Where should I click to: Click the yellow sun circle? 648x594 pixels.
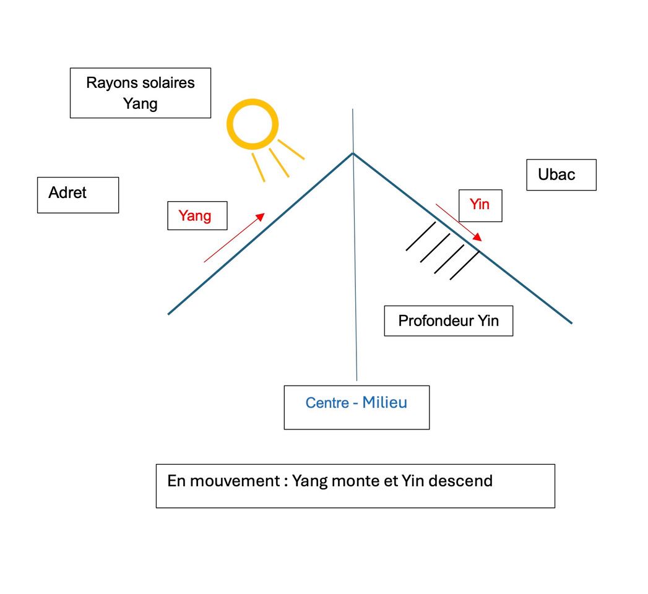(x=252, y=124)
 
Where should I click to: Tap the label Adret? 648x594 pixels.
(x=67, y=193)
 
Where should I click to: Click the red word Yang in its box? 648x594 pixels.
(x=195, y=216)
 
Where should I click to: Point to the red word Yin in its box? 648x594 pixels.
(x=480, y=204)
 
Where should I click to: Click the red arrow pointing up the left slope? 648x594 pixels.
(x=235, y=238)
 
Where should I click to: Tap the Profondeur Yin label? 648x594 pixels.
(x=448, y=321)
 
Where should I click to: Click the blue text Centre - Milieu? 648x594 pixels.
(x=356, y=403)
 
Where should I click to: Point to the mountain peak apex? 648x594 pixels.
(x=353, y=153)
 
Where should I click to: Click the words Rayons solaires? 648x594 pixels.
(x=140, y=83)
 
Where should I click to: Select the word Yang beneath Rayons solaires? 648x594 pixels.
(x=140, y=103)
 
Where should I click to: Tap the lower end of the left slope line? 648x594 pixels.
(x=169, y=313)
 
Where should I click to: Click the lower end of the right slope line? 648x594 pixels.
(x=571, y=322)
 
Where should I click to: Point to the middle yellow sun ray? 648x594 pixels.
(x=279, y=162)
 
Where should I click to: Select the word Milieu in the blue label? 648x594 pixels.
(x=385, y=402)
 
